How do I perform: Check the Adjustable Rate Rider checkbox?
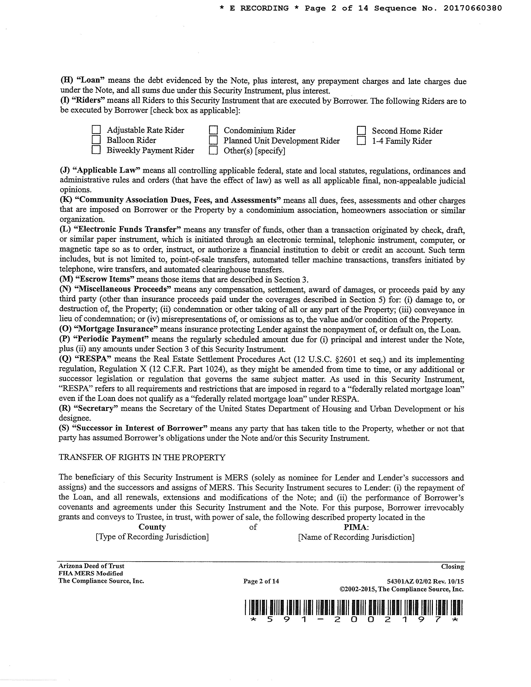tap(96, 130)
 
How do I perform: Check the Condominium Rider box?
tap(213, 130)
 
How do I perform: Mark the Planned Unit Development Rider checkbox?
tap(213, 140)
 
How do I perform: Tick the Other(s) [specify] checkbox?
tap(213, 150)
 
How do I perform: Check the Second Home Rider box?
tap(362, 130)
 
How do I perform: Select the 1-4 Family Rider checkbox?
tap(362, 141)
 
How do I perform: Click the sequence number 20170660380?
tap(473, 8)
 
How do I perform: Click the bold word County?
tap(152, 527)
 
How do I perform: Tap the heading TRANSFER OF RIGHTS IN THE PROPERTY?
tap(142, 457)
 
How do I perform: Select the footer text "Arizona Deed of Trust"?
tap(91, 566)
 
